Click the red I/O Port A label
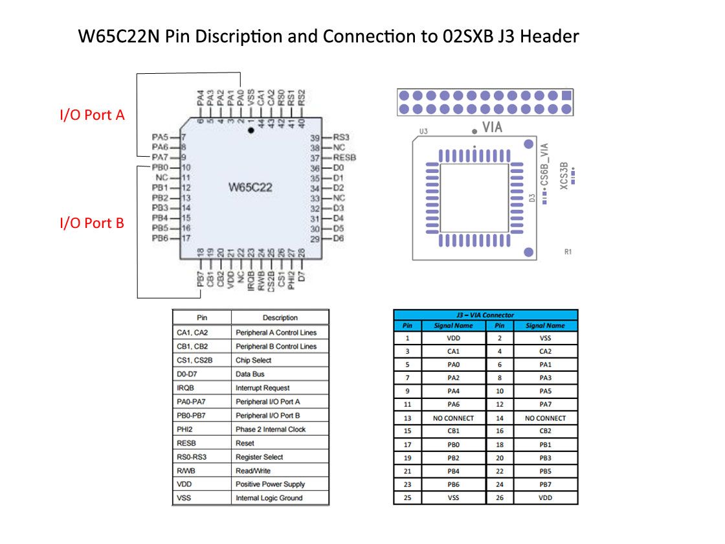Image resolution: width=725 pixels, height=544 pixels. click(x=92, y=116)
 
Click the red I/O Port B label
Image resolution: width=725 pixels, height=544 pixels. click(x=92, y=223)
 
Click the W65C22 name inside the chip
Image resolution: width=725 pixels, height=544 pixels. click(x=251, y=188)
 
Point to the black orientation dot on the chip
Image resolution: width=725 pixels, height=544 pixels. click(x=251, y=130)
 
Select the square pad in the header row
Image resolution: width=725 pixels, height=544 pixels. click(x=567, y=95)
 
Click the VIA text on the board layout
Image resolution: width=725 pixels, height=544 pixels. click(x=492, y=128)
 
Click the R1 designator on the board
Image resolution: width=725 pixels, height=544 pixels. click(x=568, y=252)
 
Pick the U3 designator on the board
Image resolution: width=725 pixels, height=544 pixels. click(x=423, y=131)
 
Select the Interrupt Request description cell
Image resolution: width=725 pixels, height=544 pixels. click(x=263, y=388)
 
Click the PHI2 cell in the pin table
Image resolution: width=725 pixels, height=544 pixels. click(x=186, y=429)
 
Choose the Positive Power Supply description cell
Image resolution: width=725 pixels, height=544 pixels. click(x=270, y=484)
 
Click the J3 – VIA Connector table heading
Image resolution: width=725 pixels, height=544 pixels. click(x=485, y=315)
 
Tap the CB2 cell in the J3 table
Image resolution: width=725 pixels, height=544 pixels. click(x=545, y=431)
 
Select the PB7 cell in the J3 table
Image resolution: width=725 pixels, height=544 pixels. click(x=545, y=484)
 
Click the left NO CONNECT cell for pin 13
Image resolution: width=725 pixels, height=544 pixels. click(x=453, y=418)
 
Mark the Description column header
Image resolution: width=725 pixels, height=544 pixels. click(x=280, y=317)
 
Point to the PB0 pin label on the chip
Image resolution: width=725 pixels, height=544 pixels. click(x=160, y=167)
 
